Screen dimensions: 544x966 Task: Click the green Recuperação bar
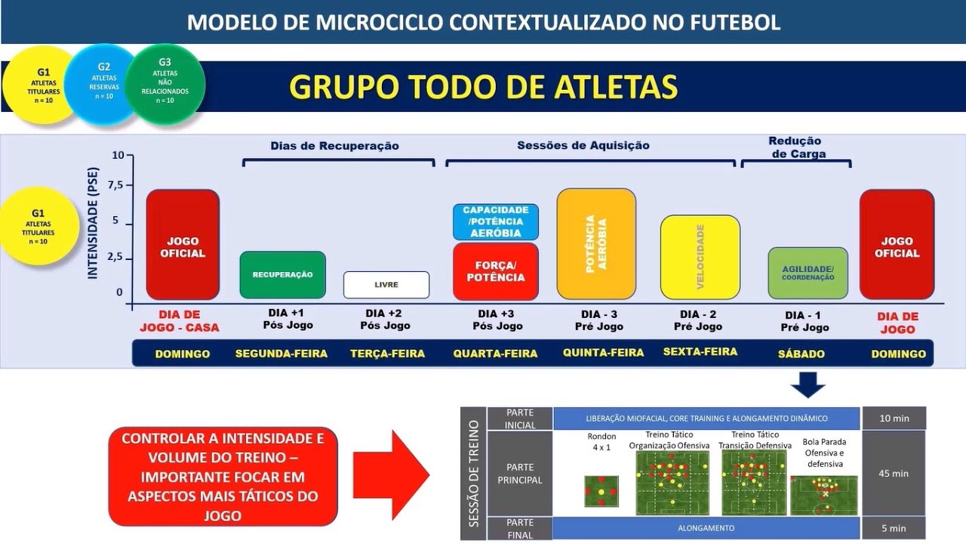282,275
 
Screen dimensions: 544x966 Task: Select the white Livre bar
386,285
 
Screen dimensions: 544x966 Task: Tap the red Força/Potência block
496,271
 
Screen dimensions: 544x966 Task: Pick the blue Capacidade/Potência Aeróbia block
496,221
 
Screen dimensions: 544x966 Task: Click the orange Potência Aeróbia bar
596,244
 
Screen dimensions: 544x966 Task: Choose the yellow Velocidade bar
700,257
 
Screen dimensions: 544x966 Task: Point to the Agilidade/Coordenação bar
808,273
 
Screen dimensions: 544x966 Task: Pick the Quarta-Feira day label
495,354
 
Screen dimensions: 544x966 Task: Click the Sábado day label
801,354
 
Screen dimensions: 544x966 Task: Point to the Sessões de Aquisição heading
583,145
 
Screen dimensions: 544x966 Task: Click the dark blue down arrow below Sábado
808,386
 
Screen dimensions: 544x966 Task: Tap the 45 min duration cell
894,474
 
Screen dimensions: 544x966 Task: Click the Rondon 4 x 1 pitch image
601,491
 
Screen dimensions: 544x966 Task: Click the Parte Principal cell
520,474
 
